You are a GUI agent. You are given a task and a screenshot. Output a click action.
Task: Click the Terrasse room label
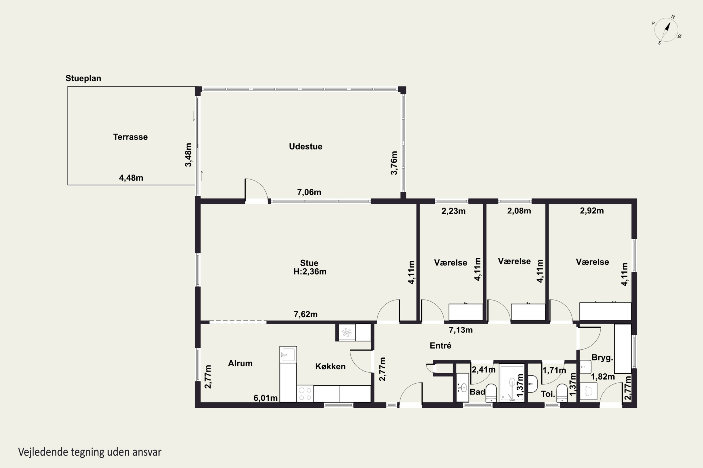pyautogui.click(x=130, y=137)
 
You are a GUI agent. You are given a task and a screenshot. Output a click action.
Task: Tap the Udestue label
pyautogui.click(x=306, y=146)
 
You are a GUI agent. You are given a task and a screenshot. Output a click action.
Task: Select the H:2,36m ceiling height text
pyautogui.click(x=310, y=272)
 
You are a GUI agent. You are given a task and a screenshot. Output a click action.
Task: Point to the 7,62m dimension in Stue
pyautogui.click(x=306, y=314)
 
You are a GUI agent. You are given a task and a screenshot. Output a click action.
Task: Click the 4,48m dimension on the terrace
pyautogui.click(x=131, y=178)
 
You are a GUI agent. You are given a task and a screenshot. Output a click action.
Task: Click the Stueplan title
pyautogui.click(x=83, y=78)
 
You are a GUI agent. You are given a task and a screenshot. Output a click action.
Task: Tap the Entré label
pyautogui.click(x=440, y=346)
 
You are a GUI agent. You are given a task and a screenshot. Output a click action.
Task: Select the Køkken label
pyautogui.click(x=330, y=366)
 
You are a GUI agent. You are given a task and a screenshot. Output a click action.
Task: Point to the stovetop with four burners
pyautogui.click(x=305, y=393)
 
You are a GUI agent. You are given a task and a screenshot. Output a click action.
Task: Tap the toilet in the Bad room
pyautogui.click(x=491, y=393)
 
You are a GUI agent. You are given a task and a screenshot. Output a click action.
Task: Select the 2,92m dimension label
pyautogui.click(x=592, y=211)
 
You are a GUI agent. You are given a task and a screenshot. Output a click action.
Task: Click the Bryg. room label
pyautogui.click(x=602, y=358)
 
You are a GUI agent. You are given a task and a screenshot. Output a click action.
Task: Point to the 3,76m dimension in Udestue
pyautogui.click(x=394, y=163)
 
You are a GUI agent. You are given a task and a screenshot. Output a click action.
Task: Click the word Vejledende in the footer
pyautogui.click(x=43, y=452)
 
